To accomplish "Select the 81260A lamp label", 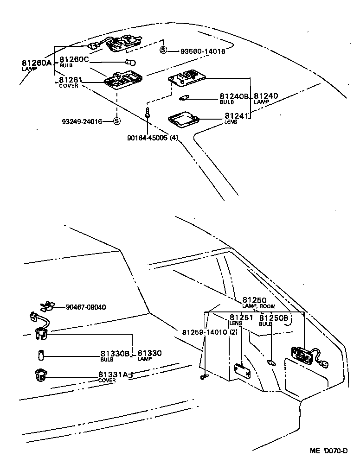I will coord(37,63).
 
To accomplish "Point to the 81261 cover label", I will coord(70,80).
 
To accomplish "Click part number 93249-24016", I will coord(82,121).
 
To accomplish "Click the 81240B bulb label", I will coord(234,96).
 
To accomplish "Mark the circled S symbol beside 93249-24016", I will coord(116,121).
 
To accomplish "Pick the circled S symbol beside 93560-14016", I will coord(163,51).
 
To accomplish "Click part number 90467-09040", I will coord(86,307).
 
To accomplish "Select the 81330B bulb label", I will coord(115,354).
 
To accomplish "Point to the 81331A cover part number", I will coord(113,375).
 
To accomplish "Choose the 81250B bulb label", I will coord(273,318).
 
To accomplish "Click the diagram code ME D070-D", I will coord(329,451).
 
